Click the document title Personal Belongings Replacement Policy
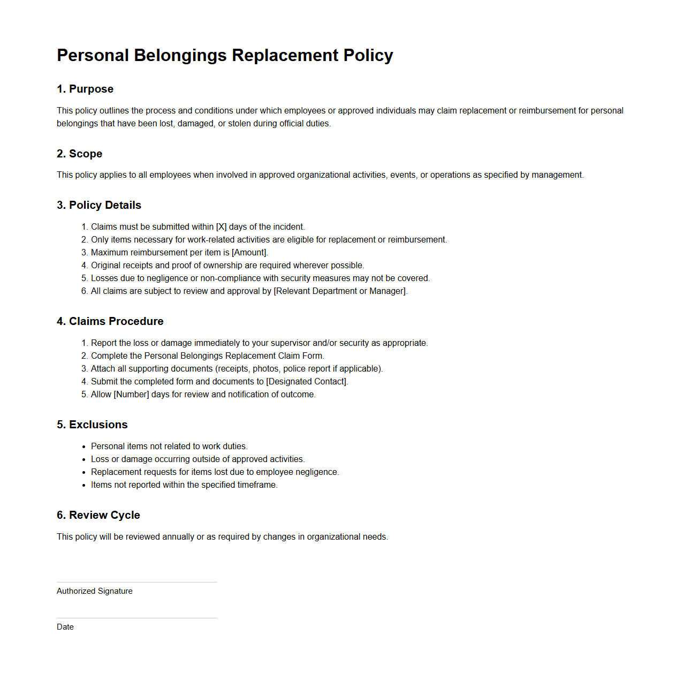click(x=225, y=55)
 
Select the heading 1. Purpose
click(x=85, y=89)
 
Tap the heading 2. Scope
click(x=79, y=154)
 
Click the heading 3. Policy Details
click(x=99, y=205)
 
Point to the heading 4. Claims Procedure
click(x=110, y=321)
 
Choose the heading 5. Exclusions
click(x=92, y=425)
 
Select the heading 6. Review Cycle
click(x=98, y=515)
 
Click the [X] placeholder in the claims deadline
click(x=221, y=227)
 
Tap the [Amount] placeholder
click(x=249, y=253)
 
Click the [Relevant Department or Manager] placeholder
click(x=340, y=291)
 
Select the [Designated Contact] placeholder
click(x=306, y=382)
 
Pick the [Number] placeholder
click(x=131, y=395)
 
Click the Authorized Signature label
click(x=95, y=591)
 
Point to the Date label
click(x=65, y=627)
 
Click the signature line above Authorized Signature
click(x=137, y=582)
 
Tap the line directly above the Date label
click(x=137, y=618)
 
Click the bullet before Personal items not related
click(x=84, y=447)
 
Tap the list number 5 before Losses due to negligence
click(x=84, y=278)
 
